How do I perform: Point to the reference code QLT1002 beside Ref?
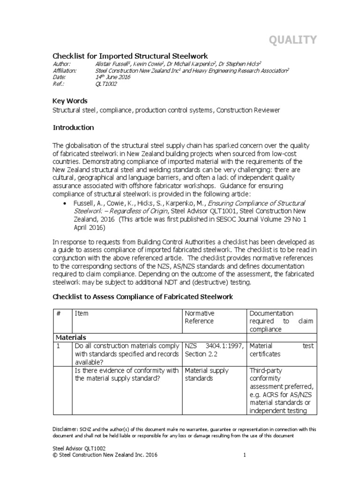click(x=106, y=84)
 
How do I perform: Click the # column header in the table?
click(x=59, y=313)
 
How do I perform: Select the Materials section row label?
click(x=70, y=337)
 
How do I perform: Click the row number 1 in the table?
click(x=58, y=345)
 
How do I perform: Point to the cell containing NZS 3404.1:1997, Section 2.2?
click(x=214, y=350)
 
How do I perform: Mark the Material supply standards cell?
click(x=207, y=375)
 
